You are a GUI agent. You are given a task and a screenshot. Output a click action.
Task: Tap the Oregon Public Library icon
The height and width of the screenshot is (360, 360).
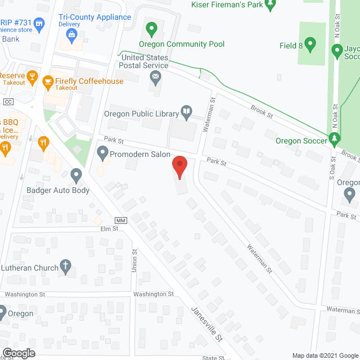coord(186,112)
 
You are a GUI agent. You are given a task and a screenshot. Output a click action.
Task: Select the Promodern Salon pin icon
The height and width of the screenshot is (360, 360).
coord(102,152)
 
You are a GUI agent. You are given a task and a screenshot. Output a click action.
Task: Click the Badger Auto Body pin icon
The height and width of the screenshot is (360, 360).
coord(76,177)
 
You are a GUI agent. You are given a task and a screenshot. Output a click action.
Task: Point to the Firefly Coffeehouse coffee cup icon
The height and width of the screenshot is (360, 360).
coord(48,82)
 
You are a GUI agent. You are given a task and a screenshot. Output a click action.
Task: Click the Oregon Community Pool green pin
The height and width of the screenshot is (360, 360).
coord(151,28)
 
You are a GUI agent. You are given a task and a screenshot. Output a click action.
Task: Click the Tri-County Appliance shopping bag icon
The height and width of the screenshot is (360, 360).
coord(71,35)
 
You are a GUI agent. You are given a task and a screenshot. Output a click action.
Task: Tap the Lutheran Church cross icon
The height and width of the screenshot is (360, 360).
coord(66,268)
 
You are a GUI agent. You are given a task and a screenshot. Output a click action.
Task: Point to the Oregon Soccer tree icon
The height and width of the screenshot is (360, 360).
coord(335,138)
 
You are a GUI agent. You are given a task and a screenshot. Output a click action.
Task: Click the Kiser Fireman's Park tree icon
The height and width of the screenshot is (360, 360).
coord(270,6)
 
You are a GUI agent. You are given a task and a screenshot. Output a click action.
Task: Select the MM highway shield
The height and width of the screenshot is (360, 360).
coord(121,220)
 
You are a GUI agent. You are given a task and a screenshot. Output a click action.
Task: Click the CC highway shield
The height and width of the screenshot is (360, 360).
coord(8,102)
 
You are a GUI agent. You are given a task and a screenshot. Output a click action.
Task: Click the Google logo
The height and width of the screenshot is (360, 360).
coord(19,353)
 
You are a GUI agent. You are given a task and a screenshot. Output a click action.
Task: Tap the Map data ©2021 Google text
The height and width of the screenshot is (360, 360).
coord(325,355)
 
